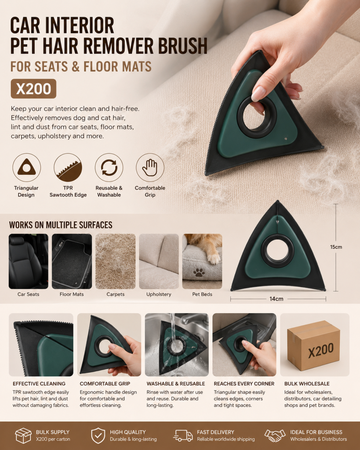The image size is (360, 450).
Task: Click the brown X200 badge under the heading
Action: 33,89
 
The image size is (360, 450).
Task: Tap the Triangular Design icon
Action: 26,167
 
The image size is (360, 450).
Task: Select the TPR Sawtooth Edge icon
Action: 68,167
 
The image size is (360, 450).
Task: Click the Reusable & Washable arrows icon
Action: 109,167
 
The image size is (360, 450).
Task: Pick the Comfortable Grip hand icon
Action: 150,167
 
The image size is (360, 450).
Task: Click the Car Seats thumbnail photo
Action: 29,261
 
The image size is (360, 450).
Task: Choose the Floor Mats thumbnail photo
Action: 72,261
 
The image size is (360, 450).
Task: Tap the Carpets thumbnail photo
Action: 116,261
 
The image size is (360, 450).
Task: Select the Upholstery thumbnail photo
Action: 159,261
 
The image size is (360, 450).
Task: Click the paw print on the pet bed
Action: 199,272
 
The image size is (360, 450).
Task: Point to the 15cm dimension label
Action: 336,247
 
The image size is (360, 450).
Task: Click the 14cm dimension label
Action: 276,299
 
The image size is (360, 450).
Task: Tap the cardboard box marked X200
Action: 313,345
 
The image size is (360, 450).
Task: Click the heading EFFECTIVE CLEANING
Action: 39,384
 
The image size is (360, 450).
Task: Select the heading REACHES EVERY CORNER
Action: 244,384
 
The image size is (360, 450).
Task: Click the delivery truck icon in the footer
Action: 183,435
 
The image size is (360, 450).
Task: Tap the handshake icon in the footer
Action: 275,435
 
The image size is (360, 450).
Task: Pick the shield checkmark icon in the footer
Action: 98,435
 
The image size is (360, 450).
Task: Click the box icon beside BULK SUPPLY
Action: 23,435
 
